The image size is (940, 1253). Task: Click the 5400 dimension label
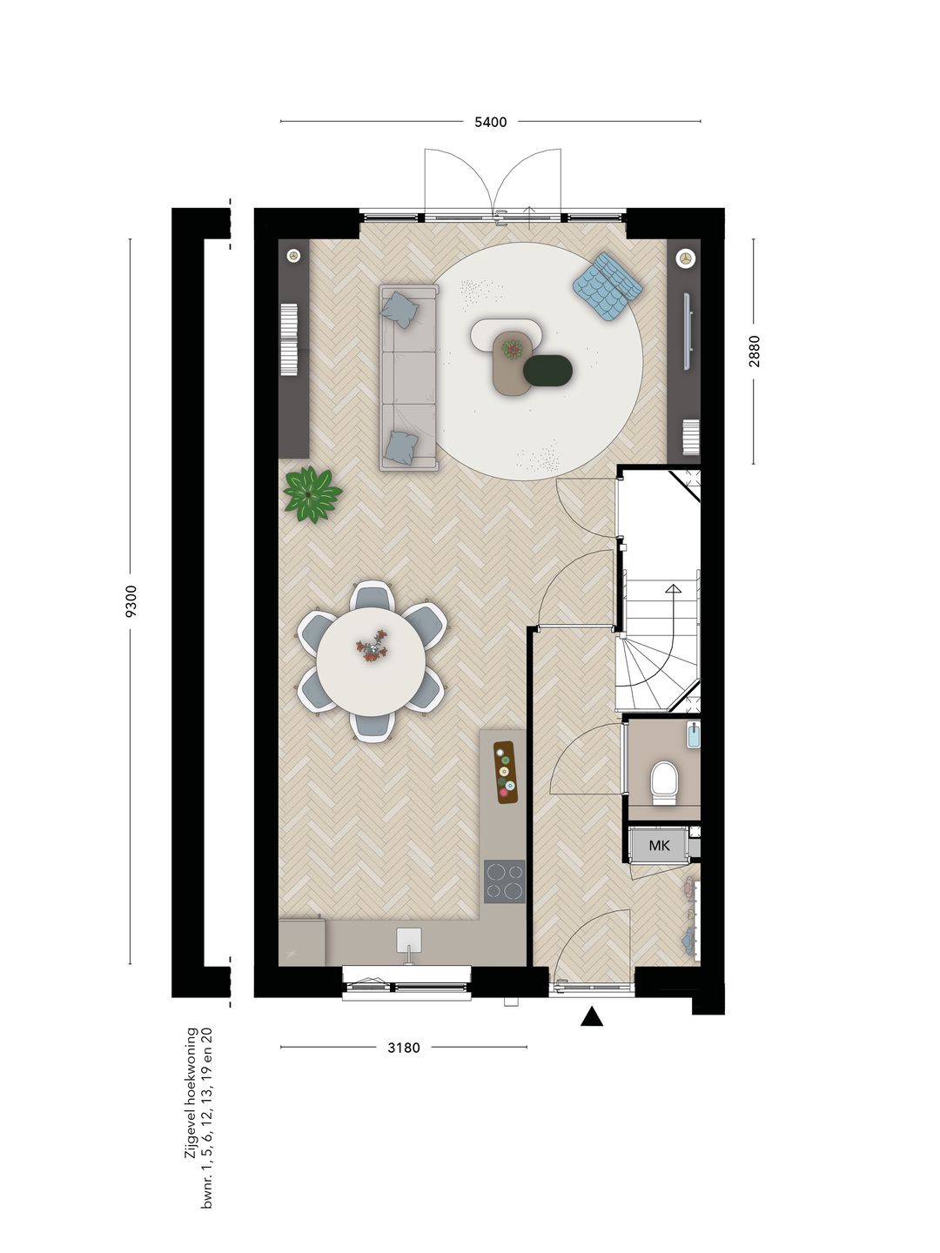pos(490,122)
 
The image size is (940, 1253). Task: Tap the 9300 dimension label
pos(131,601)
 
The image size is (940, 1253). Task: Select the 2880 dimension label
pos(755,351)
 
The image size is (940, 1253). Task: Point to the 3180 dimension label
pos(404,1048)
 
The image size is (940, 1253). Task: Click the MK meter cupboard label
pos(659,846)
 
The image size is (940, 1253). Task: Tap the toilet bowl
pos(664,781)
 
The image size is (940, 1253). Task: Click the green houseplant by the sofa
pos(312,493)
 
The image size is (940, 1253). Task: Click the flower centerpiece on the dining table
pos(374,647)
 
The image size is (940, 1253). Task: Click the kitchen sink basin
pos(409,940)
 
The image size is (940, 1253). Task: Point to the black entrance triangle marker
pos(592,1016)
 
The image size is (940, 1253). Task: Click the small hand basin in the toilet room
pos(694,735)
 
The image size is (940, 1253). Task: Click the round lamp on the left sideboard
pos(294,257)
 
